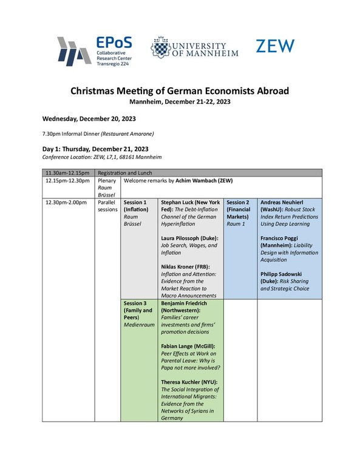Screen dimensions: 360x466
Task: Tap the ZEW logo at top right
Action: [275, 46]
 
